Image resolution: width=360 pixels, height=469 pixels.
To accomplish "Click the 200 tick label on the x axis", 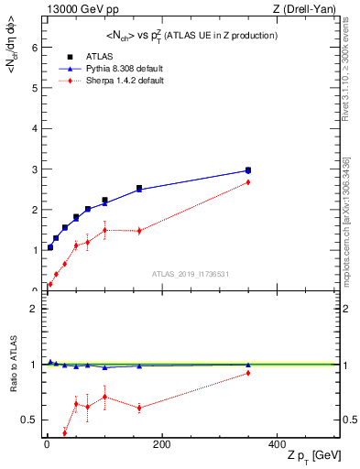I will coord(161,444).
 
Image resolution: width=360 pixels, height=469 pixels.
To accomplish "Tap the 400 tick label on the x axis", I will coord(277,444).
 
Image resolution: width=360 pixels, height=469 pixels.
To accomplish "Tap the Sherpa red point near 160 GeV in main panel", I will coord(139,231).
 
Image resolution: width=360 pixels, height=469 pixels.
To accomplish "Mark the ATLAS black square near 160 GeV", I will coord(139,189).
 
